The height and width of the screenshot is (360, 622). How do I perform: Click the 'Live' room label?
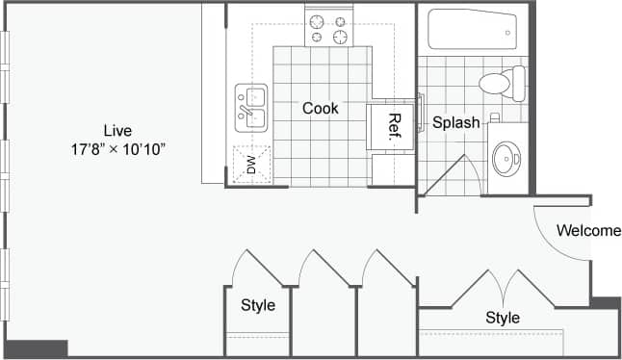point(119,130)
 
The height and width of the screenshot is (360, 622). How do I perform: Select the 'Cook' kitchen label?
point(320,109)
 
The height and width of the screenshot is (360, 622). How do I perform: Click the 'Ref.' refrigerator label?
point(393,127)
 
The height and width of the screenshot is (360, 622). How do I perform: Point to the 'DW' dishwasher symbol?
point(251,165)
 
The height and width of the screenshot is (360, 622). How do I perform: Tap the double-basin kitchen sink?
point(250,106)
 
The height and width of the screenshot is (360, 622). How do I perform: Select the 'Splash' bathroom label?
point(455,123)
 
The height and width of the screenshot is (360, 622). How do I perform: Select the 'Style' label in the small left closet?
point(258,306)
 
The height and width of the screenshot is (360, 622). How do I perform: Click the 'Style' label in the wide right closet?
point(503,318)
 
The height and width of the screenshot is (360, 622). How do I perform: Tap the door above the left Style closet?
point(255,269)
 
